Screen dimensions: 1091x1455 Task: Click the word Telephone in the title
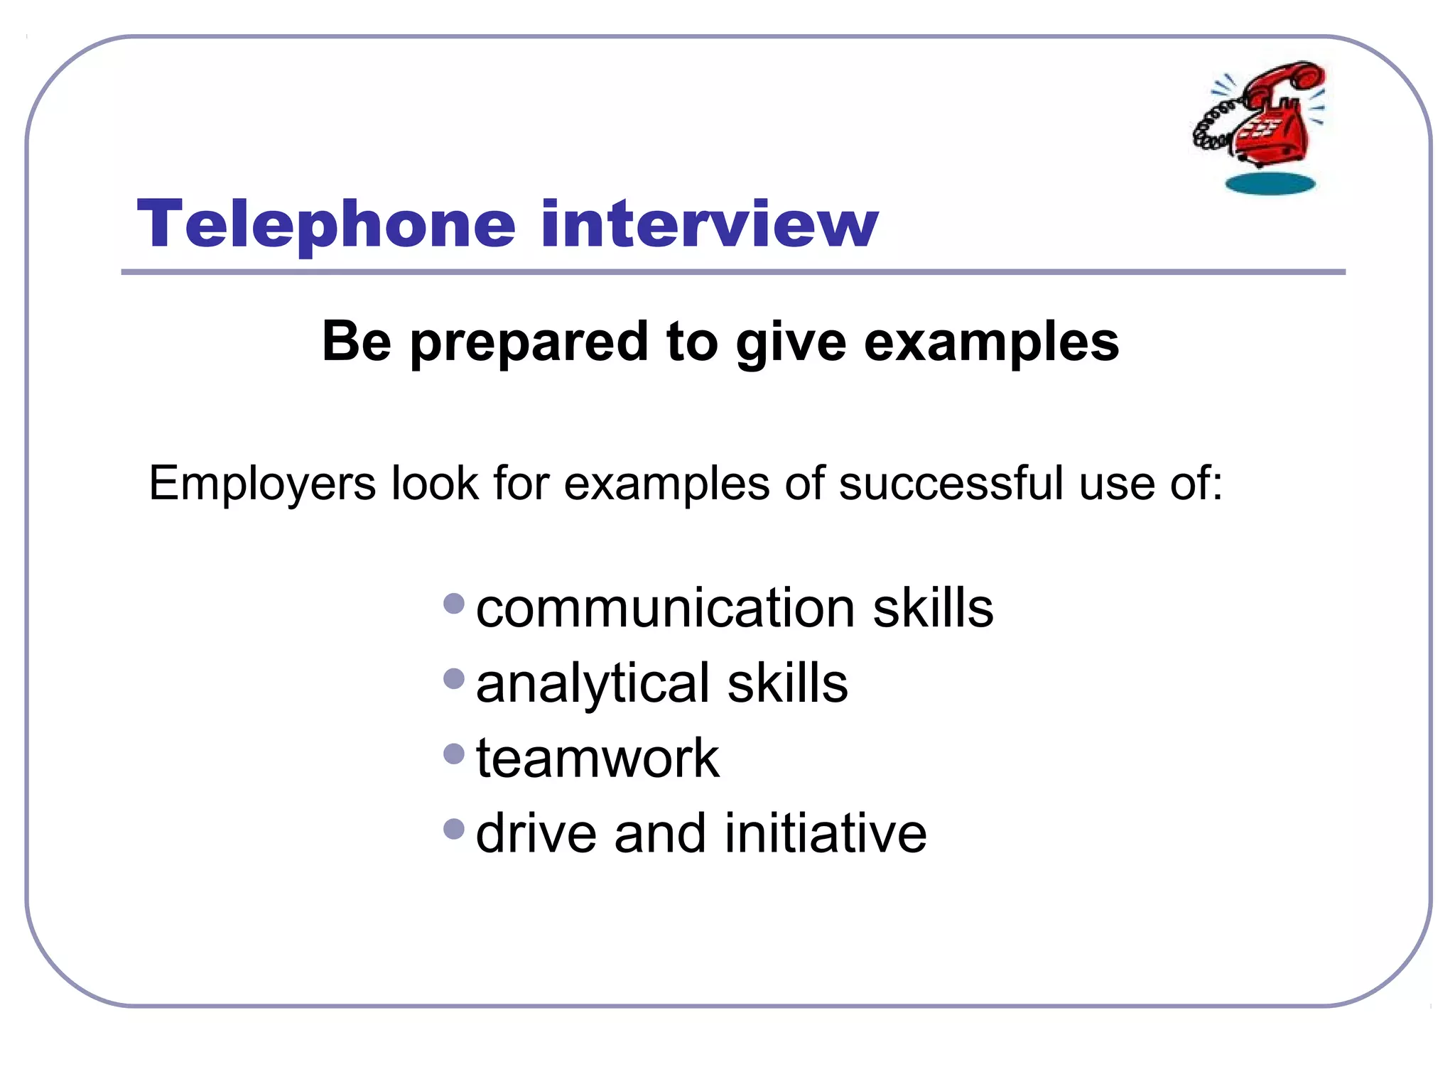click(x=326, y=224)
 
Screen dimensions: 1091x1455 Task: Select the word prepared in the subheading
click(x=529, y=342)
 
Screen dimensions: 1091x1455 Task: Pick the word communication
click(x=665, y=609)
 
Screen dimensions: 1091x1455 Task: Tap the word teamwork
click(x=597, y=758)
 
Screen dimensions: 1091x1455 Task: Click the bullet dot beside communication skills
click(x=454, y=604)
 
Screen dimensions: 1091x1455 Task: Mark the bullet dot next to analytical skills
click(x=454, y=679)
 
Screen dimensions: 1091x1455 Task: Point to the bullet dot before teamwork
click(x=454, y=754)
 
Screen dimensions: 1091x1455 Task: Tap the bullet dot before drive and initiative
click(x=454, y=828)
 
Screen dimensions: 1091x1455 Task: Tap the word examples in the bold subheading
click(x=991, y=342)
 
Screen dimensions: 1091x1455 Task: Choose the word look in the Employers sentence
click(x=435, y=483)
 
